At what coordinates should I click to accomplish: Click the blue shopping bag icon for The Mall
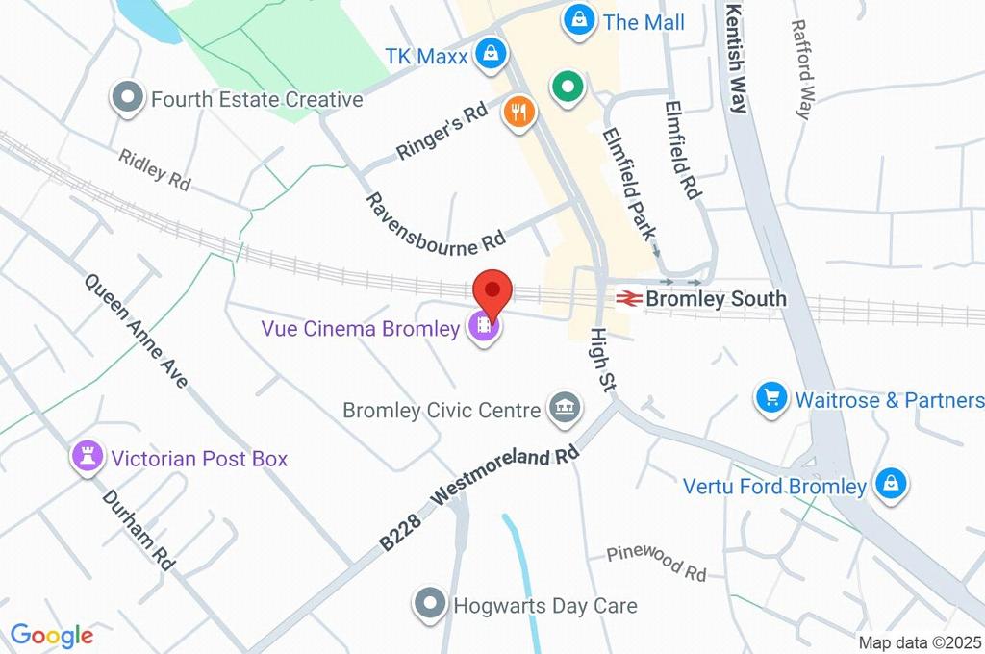pyautogui.click(x=579, y=19)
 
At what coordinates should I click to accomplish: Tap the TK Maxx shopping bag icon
pyautogui.click(x=491, y=54)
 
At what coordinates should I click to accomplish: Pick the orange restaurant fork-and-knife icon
pyautogui.click(x=519, y=113)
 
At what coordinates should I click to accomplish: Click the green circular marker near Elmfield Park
pyautogui.click(x=568, y=88)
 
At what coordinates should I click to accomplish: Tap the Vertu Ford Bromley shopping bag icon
pyautogui.click(x=892, y=485)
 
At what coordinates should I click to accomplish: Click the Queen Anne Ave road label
pyautogui.click(x=136, y=332)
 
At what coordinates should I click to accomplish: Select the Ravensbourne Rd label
pyautogui.click(x=435, y=224)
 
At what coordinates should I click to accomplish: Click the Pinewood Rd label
pyautogui.click(x=656, y=564)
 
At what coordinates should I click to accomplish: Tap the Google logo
pyautogui.click(x=52, y=635)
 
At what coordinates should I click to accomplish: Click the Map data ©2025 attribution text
pyautogui.click(x=921, y=642)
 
